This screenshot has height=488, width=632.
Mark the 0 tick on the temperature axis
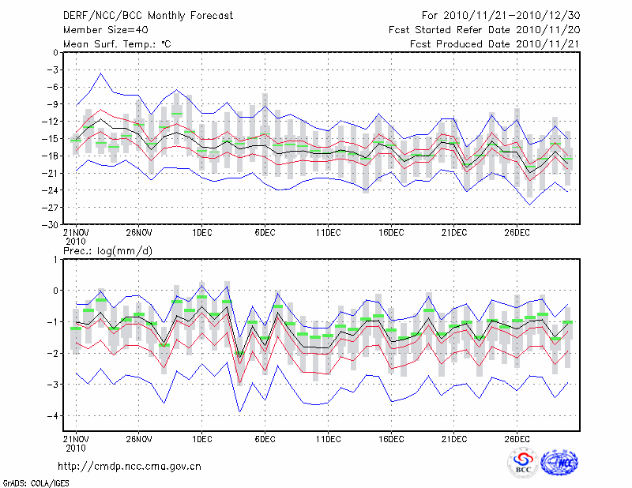point(55,53)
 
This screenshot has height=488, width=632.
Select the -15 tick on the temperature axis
point(51,139)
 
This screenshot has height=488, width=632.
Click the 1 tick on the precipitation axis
point(55,259)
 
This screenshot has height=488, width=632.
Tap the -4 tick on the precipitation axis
point(53,415)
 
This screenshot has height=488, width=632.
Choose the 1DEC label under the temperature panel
point(201,232)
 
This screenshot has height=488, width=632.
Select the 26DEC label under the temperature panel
point(517,232)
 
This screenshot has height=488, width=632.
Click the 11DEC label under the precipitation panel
point(328,437)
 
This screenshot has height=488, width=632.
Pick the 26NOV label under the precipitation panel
point(138,437)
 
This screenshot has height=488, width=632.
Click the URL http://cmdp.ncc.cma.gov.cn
point(130,466)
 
